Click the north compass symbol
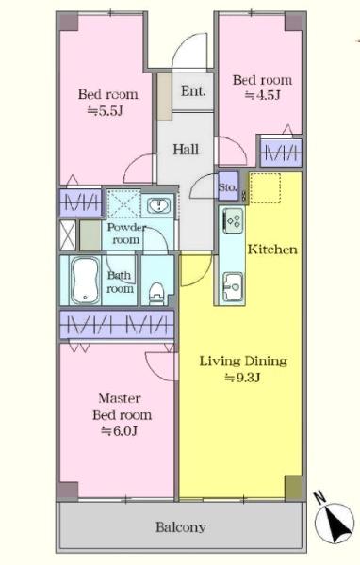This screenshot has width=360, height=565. coord(334,522)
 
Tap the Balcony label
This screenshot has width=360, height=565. coord(181,527)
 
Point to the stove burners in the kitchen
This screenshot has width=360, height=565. coord(233,220)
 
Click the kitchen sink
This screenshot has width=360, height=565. coord(233,287)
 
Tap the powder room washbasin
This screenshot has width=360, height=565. coord(158,205)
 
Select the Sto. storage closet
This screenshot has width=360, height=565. coord(228,186)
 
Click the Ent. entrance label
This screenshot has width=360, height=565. coord(193,91)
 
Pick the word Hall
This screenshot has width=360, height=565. coord(186,149)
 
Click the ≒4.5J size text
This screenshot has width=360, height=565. coord(263,95)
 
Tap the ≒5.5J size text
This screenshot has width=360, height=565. coord(106,110)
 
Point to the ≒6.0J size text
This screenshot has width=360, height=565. coord(119,430)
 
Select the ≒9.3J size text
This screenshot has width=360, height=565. coord(242,378)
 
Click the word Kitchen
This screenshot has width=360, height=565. coord(272,250)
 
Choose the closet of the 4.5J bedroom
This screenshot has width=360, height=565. coord(281,153)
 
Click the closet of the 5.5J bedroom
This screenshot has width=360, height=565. coord(80,202)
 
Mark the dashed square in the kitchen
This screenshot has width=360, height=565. coord(265,188)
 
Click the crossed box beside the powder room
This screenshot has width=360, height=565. coord(68,234)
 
